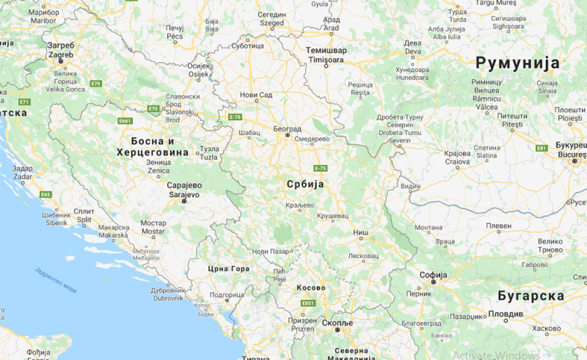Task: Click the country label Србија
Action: point(305,184)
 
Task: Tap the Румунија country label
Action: point(517,63)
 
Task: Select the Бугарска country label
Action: point(530,295)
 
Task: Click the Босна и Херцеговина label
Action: point(152,147)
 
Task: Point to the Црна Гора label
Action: point(229,269)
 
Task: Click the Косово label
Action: point(311,288)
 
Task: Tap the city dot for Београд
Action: point(288,135)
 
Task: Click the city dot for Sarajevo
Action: point(184,201)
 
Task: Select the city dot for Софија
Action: point(433,282)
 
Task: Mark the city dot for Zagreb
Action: point(60,61)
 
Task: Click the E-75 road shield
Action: point(320,169)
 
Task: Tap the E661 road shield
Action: point(125,121)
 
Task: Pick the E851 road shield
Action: point(308,303)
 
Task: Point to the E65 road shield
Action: point(46,194)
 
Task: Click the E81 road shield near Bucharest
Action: point(541,148)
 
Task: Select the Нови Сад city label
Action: point(257,95)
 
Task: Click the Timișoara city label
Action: point(326,59)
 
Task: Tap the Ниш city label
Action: point(361,233)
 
